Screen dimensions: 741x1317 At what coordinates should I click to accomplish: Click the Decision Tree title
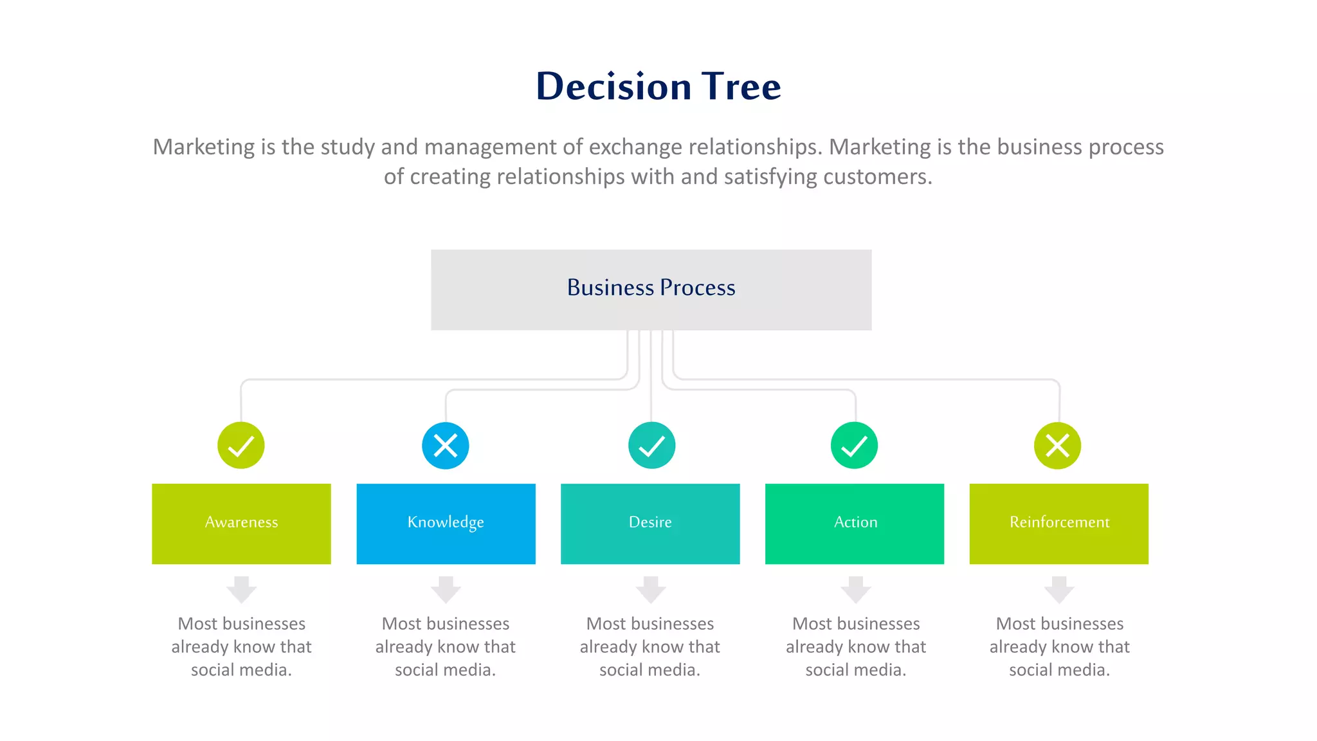658,86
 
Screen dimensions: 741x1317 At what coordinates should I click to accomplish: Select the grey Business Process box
651,289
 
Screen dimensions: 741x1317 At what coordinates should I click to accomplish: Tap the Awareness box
241,524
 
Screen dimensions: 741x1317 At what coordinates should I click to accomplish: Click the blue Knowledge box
446,524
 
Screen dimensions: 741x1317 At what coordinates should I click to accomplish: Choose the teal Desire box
650,524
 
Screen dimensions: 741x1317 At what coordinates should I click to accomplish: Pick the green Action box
854,524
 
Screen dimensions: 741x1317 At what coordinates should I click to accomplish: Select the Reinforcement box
1058,524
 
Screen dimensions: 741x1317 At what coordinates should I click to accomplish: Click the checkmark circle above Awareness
241,445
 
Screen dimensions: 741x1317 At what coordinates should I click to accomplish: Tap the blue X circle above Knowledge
446,445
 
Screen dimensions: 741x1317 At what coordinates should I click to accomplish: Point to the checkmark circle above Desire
651,445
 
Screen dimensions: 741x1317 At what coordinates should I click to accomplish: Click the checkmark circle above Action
854,445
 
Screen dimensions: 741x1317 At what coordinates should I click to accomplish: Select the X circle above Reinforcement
1057,445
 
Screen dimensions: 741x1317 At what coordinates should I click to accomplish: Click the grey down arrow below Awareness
241,589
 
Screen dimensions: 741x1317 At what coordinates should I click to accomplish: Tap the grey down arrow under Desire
651,589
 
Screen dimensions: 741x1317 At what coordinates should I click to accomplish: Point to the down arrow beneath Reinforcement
1059,589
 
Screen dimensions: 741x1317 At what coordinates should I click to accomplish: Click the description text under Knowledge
446,646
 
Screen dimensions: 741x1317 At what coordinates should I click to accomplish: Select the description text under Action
855,646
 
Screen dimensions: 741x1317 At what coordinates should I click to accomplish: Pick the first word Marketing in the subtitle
204,147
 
